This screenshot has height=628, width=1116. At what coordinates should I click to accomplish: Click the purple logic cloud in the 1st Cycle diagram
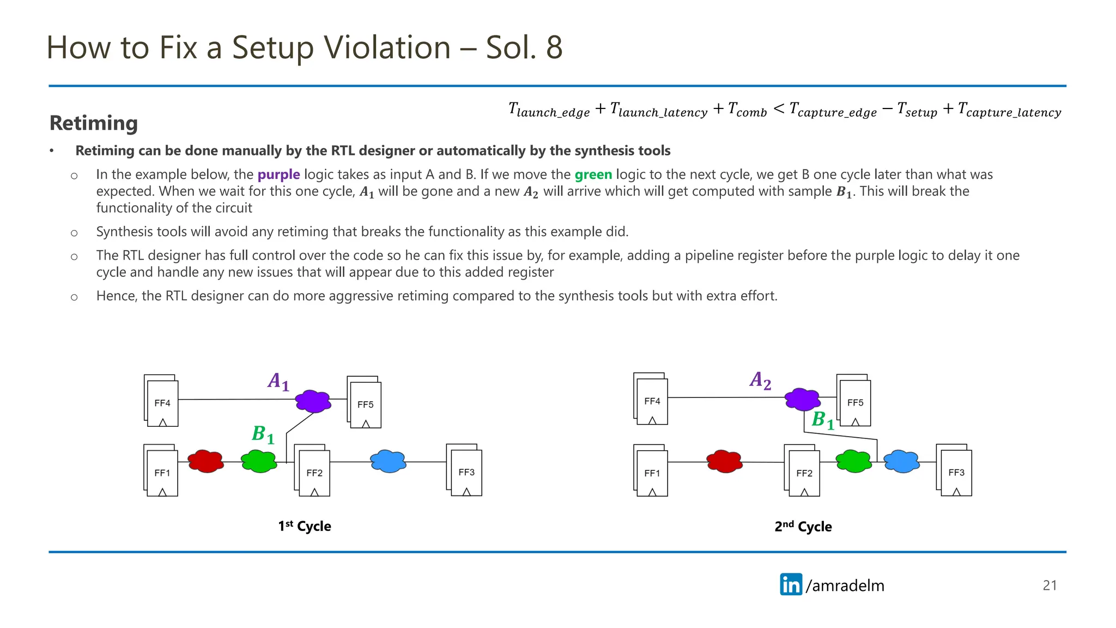[x=313, y=401]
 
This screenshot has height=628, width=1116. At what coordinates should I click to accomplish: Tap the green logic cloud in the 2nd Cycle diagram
[x=853, y=461]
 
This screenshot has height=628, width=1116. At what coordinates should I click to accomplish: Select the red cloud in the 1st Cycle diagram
[x=205, y=461]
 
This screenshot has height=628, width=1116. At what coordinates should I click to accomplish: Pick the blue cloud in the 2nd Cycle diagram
[x=901, y=461]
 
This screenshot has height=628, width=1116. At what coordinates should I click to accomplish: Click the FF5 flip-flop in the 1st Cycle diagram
[x=365, y=404]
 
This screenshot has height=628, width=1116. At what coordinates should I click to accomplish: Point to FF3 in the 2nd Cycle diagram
[x=956, y=472]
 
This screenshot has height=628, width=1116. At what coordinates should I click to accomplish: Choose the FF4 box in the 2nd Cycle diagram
[x=652, y=401]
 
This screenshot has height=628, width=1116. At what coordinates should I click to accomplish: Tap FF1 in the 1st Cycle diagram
[x=162, y=473]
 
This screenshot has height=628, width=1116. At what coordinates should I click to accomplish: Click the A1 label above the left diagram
[x=278, y=381]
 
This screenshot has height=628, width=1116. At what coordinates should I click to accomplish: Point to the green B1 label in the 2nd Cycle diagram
[x=823, y=420]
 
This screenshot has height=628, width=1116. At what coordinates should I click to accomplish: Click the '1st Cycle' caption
[x=305, y=526]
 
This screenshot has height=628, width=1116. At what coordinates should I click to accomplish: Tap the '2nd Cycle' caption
[x=803, y=527]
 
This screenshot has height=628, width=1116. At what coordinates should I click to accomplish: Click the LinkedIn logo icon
[x=791, y=584]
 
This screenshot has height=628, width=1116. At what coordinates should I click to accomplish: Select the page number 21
[x=1050, y=585]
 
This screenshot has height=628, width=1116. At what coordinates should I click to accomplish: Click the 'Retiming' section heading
[x=94, y=123]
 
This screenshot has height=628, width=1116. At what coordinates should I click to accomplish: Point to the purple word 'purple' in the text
[x=278, y=174]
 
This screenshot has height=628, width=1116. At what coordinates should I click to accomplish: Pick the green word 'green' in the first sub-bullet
[x=593, y=174]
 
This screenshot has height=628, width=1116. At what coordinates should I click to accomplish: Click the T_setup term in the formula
[x=917, y=110]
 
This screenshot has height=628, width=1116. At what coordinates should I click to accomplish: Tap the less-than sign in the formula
[x=779, y=109]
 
